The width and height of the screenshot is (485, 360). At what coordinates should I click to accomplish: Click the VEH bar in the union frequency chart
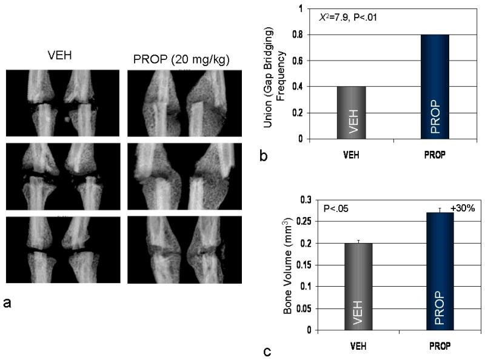pyautogui.click(x=352, y=113)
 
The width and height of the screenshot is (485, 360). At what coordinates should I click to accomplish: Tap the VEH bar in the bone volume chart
pyautogui.click(x=359, y=287)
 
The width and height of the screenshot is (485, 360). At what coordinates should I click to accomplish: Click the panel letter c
pyautogui.click(x=266, y=350)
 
